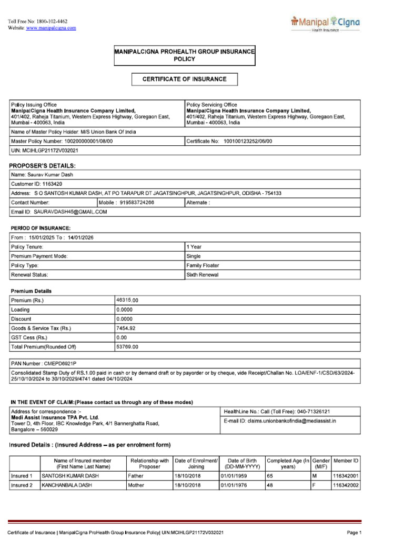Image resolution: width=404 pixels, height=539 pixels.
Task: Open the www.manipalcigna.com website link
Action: (x=51, y=28)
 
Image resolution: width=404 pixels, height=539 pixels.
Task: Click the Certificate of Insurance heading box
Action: (x=185, y=79)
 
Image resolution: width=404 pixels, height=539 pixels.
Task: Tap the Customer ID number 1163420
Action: (x=51, y=184)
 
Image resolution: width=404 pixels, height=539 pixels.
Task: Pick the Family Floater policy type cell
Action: (x=203, y=266)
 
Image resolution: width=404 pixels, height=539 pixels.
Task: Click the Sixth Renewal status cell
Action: (x=203, y=275)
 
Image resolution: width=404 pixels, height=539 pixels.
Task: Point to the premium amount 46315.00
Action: (x=127, y=300)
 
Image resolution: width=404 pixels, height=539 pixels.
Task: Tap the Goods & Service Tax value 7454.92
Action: (x=126, y=328)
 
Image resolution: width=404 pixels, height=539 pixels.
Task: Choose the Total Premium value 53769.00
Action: (x=127, y=347)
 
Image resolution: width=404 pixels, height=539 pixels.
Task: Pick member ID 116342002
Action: (x=346, y=485)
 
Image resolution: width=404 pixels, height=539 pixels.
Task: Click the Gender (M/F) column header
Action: (x=320, y=463)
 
